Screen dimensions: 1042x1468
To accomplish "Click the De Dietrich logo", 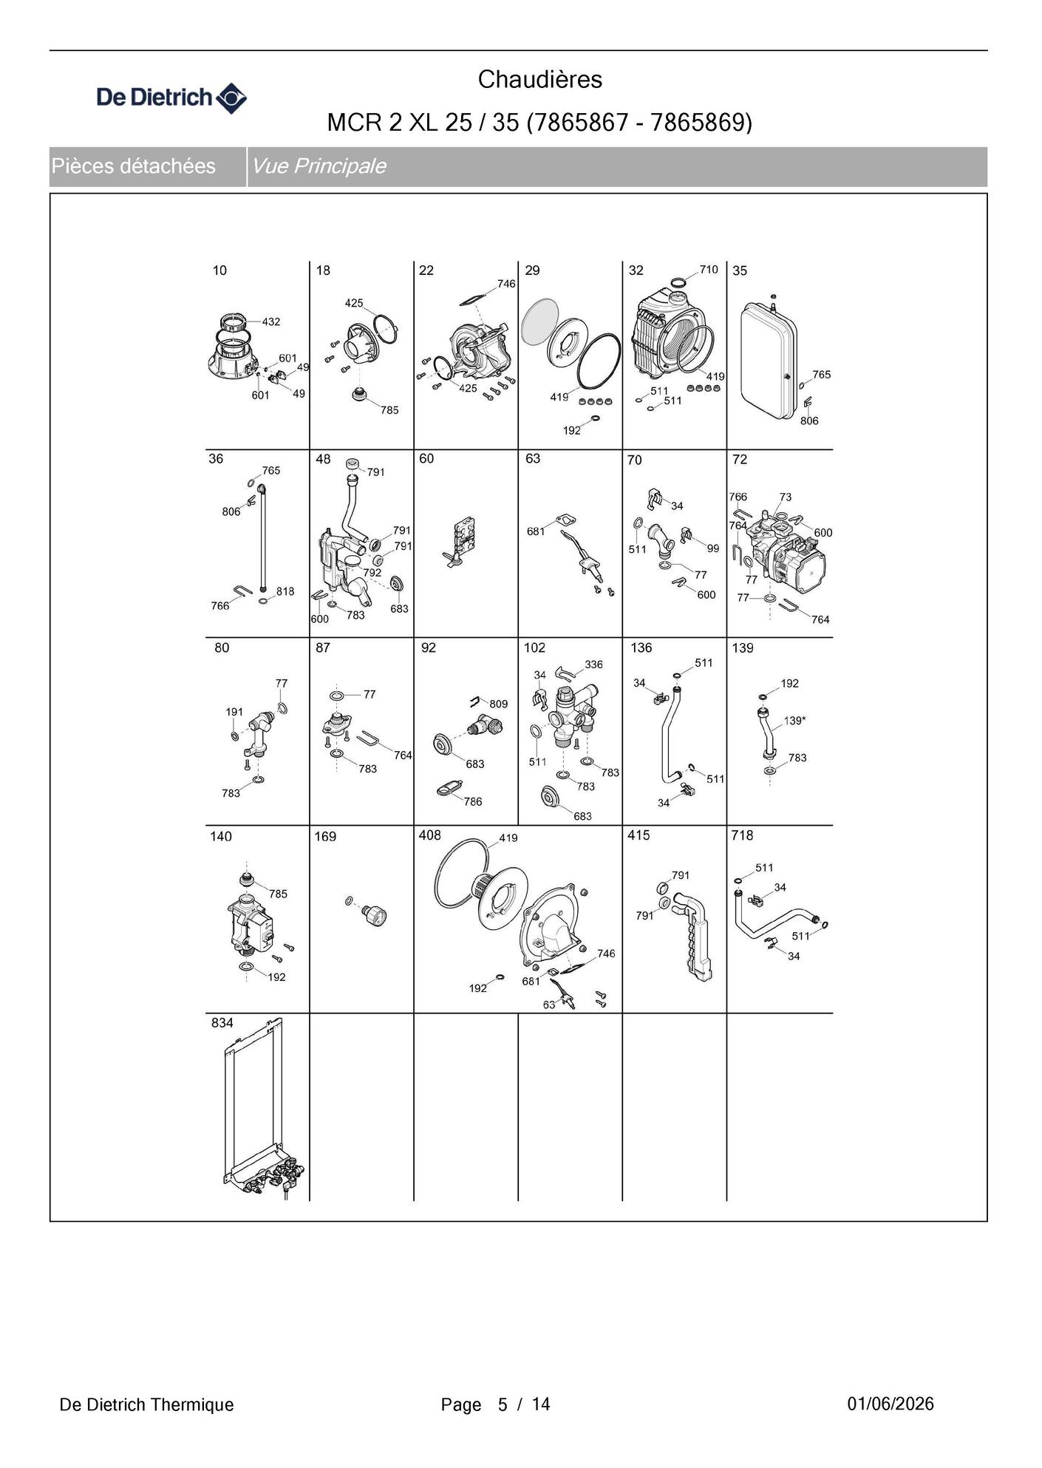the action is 171,98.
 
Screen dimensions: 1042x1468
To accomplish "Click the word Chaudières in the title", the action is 539,80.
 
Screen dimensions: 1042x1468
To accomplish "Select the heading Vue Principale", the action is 319,166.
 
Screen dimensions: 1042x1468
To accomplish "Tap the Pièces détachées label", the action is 134,166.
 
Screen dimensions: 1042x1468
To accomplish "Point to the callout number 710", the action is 708,270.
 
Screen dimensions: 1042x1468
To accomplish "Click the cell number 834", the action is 222,1023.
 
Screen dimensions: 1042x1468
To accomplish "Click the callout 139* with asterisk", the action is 794,721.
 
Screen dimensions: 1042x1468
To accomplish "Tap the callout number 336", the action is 593,665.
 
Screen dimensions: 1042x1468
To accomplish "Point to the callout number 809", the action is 498,704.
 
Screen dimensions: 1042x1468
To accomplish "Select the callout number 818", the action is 285,591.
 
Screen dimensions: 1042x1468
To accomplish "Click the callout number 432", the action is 270,322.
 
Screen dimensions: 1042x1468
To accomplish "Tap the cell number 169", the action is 325,837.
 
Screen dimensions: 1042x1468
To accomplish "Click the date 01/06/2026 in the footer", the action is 891,1404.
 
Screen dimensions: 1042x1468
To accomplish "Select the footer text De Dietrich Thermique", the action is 146,1404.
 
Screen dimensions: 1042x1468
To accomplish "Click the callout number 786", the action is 472,801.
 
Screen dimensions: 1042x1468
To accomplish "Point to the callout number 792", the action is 372,573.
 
